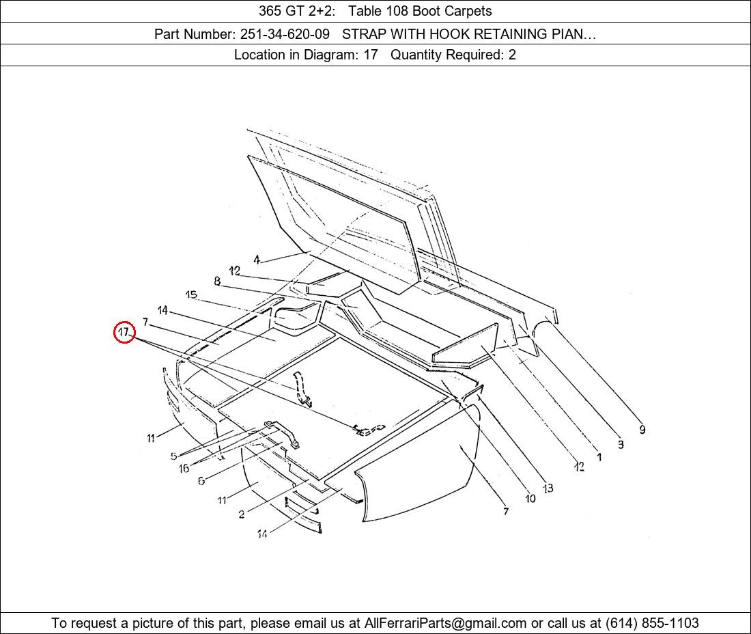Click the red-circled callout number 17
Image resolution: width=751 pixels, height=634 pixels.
[x=124, y=331]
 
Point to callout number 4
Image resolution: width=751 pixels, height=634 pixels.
[x=257, y=260]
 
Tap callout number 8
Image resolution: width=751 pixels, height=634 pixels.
[x=217, y=281]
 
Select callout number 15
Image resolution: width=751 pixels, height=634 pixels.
[x=191, y=294]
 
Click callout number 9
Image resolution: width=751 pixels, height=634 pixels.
[x=642, y=430]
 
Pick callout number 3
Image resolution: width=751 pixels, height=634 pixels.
[x=621, y=444]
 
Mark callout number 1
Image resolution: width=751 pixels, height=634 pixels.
[x=599, y=457]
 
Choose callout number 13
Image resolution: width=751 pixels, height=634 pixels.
[x=548, y=488]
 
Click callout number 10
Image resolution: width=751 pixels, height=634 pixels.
[x=530, y=499]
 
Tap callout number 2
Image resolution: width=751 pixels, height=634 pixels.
[x=242, y=514]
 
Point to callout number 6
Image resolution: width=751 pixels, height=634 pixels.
[x=201, y=480]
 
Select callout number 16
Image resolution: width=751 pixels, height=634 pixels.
[x=184, y=468]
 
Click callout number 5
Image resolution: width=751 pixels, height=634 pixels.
[x=173, y=456]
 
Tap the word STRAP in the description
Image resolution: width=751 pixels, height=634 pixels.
[x=361, y=34]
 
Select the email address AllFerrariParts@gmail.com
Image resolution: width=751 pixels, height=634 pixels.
[x=445, y=623]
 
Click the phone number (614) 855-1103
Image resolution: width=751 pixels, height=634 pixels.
[x=652, y=623]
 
